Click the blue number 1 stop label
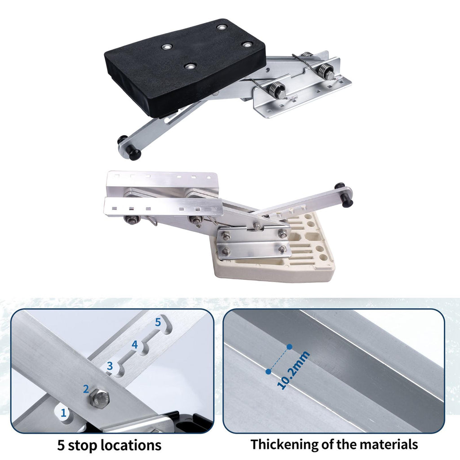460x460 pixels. tap(63, 413)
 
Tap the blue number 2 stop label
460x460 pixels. tap(86, 389)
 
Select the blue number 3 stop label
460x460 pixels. tap(110, 366)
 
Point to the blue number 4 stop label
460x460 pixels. tap(135, 344)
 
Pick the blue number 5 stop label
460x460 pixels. tap(158, 322)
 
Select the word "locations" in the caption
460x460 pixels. tap(131, 445)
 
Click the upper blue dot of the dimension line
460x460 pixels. tap(290, 347)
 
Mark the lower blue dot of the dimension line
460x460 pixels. tap(268, 372)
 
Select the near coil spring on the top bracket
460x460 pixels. tap(276, 88)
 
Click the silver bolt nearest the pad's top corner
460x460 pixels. tap(223, 27)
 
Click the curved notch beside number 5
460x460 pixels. tap(166, 326)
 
